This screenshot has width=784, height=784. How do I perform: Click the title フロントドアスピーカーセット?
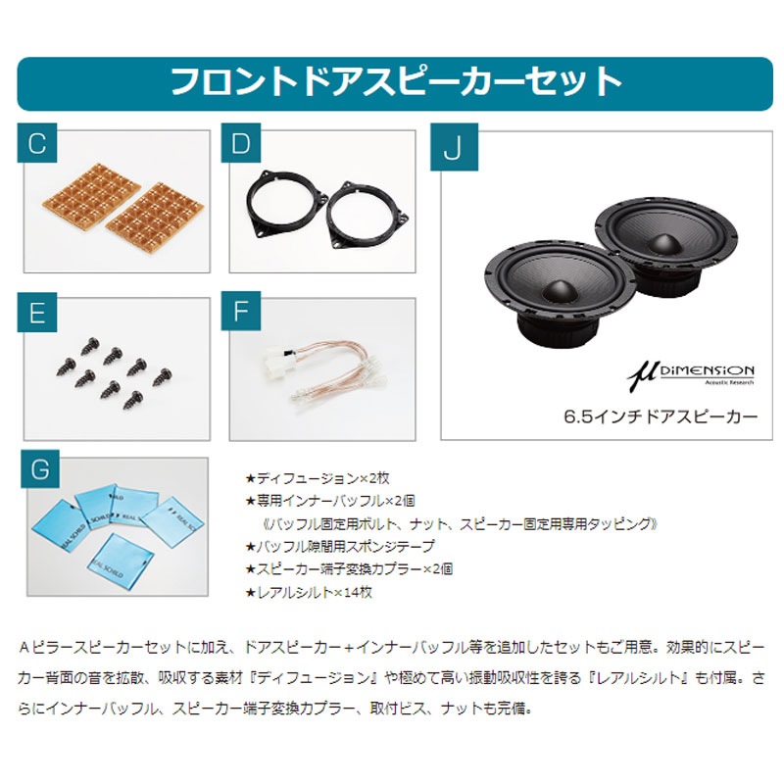tap(396, 81)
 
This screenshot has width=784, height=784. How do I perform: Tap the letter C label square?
tap(38, 145)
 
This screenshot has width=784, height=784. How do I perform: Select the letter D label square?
tap(242, 145)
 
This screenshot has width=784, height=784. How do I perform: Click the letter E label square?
tap(38, 314)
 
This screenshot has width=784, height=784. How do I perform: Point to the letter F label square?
tap(242, 314)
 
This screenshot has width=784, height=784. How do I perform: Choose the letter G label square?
tap(38, 470)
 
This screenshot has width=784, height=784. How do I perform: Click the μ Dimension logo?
tap(690, 372)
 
